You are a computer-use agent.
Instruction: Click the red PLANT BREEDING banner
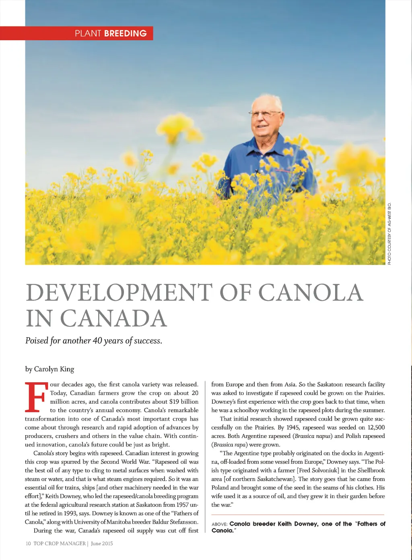[76, 33]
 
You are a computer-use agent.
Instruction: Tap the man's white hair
[266, 100]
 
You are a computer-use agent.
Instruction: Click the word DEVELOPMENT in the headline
[119, 293]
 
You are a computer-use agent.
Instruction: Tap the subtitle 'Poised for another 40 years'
[93, 341]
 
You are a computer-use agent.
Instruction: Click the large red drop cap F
[35, 397]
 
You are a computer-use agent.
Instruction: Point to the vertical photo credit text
[389, 233]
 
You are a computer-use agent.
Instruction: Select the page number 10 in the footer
[28, 543]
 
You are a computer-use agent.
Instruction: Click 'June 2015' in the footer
[102, 543]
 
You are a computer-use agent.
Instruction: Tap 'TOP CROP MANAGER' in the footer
[60, 543]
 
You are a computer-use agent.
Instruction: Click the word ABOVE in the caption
[219, 524]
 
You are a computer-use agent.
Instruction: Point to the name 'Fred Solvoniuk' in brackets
[318, 470]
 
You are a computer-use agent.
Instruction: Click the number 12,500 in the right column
[376, 427]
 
